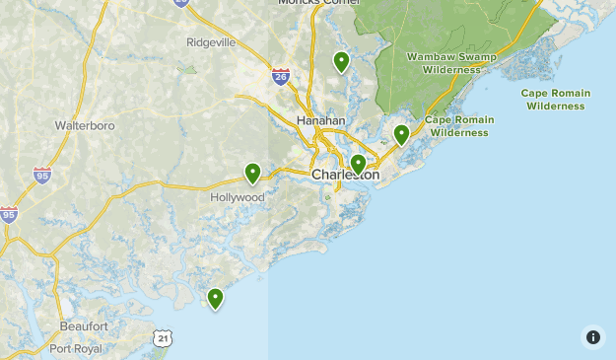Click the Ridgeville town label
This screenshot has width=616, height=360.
point(211,42)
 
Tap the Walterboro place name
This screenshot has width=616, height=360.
point(85,126)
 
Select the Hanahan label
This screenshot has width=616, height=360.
point(321,120)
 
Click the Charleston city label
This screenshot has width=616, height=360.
point(345,176)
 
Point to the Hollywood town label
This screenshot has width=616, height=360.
point(238,197)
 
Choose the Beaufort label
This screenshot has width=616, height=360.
point(84,325)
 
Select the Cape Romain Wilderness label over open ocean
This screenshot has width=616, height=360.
point(556,100)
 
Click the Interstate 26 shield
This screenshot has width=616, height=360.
point(281,77)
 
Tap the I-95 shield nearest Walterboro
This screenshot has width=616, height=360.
point(41,176)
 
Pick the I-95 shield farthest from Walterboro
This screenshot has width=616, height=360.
point(9,214)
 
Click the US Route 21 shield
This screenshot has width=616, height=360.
point(163,338)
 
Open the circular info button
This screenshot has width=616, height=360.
point(593,337)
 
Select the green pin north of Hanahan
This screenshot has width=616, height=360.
point(341,61)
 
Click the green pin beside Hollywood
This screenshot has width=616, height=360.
point(252,173)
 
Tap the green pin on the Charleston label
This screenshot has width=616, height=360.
point(358,163)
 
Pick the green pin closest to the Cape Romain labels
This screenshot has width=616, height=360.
point(401,134)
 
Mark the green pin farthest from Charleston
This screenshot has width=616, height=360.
point(215,297)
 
